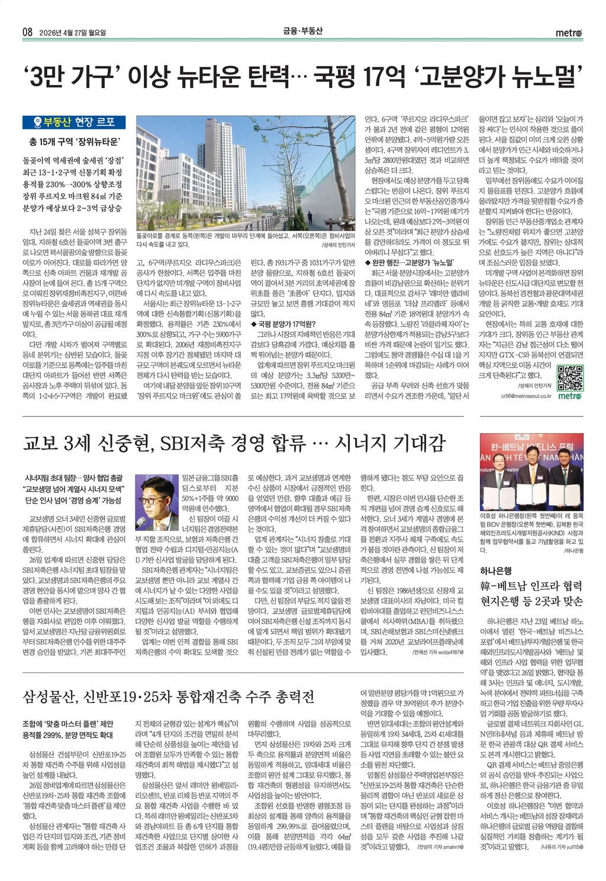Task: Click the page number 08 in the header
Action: pyautogui.click(x=27, y=33)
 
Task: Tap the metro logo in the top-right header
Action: pyautogui.click(x=569, y=33)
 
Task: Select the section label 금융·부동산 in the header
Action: pyautogui.click(x=302, y=31)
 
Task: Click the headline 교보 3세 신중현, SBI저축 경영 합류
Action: pyautogui.click(x=234, y=443)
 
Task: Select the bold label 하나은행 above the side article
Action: pyautogui.click(x=496, y=571)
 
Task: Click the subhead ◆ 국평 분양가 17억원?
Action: pyautogui.click(x=283, y=323)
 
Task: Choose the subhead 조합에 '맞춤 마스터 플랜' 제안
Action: pyautogui.click(x=68, y=723)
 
